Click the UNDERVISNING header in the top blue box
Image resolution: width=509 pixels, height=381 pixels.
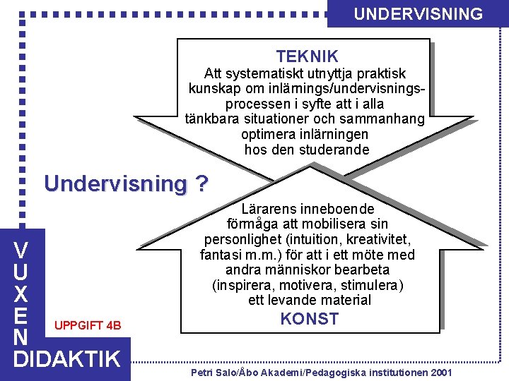click(x=418, y=13)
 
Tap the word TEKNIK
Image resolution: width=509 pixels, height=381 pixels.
click(x=307, y=56)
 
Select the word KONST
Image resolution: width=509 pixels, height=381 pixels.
click(x=309, y=319)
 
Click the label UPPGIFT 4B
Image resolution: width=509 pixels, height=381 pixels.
click(x=88, y=325)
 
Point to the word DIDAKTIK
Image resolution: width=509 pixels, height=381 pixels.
click(x=67, y=358)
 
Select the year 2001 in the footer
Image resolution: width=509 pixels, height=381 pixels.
click(x=437, y=371)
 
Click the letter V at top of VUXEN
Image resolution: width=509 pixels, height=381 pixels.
click(x=22, y=250)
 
